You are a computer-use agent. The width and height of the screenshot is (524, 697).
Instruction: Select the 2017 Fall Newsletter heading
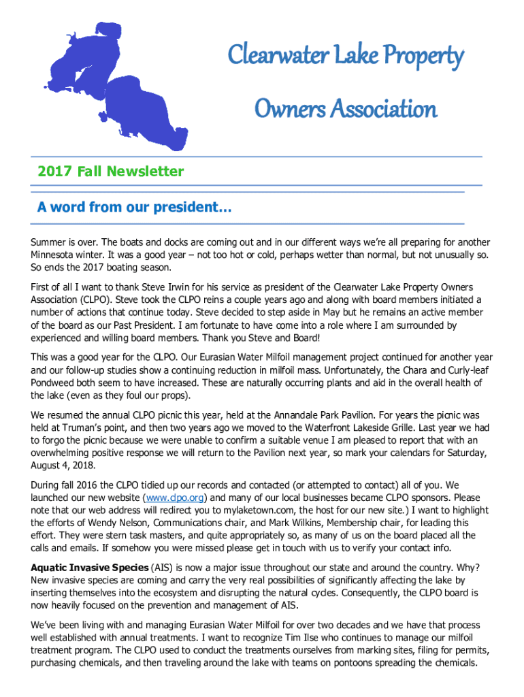click(x=111, y=172)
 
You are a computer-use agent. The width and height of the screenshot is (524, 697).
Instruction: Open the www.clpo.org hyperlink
click(x=167, y=498)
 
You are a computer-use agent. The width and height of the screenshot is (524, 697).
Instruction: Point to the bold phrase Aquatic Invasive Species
click(x=89, y=568)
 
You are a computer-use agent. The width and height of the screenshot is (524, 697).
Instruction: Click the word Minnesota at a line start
click(x=56, y=255)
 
